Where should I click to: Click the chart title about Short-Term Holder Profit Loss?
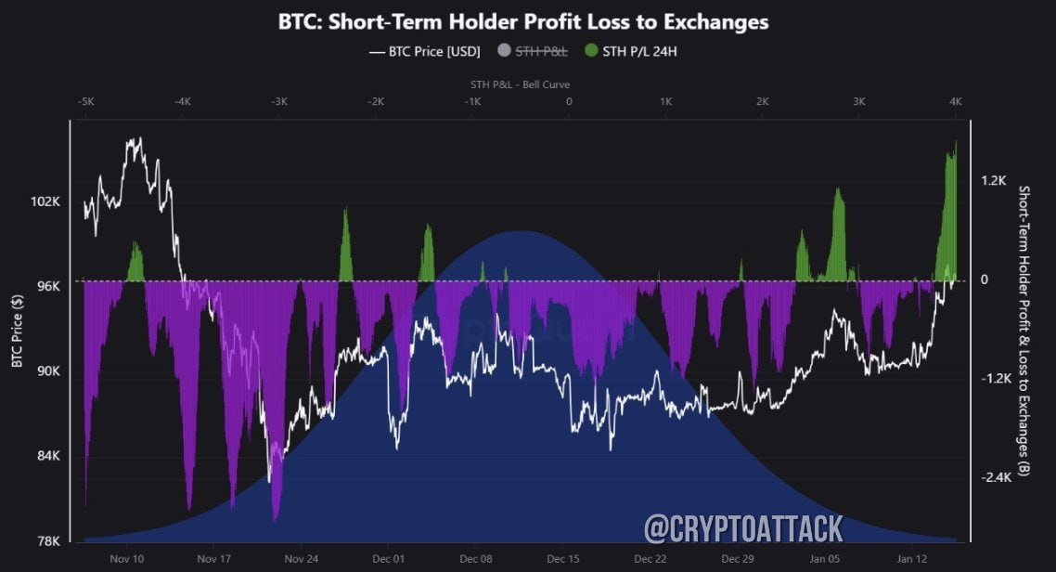(523, 21)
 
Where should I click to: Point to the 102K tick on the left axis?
(46, 201)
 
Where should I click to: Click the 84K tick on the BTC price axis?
(48, 456)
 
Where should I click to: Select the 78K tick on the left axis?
(48, 540)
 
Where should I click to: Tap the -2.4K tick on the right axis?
(996, 477)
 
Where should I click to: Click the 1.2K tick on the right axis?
(994, 180)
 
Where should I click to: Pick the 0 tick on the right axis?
(985, 279)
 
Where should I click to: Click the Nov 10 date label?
(126, 559)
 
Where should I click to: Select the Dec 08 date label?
(475, 559)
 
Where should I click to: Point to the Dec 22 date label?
(650, 559)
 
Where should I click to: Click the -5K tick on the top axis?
(85, 100)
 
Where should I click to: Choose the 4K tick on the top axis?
(956, 100)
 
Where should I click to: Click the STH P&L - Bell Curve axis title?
(521, 84)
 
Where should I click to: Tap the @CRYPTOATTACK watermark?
(743, 529)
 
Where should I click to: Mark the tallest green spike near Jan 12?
(955, 143)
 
